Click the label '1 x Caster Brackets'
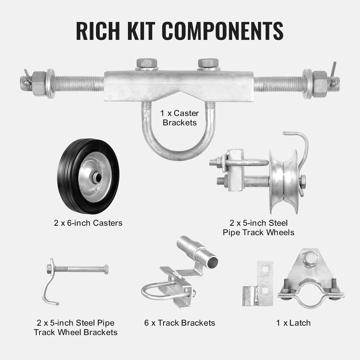tap(180, 118)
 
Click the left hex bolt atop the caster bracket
tap(147, 64)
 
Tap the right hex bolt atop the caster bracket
tap(208, 63)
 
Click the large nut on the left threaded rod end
tap(39, 84)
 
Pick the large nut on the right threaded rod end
tap(320, 84)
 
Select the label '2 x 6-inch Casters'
tap(88, 223)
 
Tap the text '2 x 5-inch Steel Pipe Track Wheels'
tap(258, 227)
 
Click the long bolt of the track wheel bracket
tap(81, 269)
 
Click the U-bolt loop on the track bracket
tap(151, 292)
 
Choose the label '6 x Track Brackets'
tap(179, 322)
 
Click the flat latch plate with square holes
tap(265, 283)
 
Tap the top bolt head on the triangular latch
tap(311, 258)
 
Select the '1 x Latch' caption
tap(293, 322)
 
